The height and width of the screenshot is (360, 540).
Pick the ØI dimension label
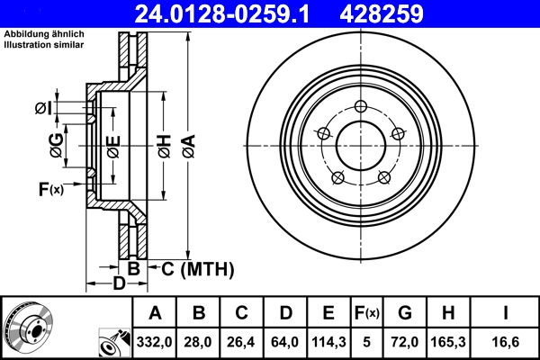(x=43, y=108)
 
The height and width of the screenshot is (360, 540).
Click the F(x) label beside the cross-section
(x=50, y=189)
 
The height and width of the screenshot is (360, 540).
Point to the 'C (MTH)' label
(x=198, y=268)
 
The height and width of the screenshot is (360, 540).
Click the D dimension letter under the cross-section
(x=118, y=285)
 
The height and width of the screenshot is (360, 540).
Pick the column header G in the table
(x=405, y=313)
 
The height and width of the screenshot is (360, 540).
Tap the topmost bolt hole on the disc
(x=361, y=106)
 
